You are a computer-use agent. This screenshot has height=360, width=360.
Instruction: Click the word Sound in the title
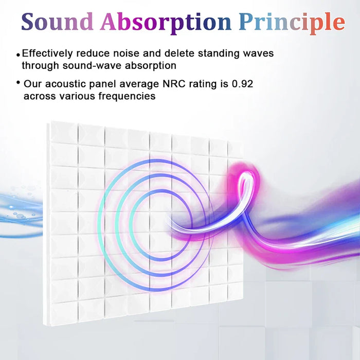coord(58,22)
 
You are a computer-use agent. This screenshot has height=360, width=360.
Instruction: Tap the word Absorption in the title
coord(166,22)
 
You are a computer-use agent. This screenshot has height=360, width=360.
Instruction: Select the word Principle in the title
coord(292,22)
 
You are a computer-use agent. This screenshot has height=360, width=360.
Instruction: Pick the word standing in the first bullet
coord(223,53)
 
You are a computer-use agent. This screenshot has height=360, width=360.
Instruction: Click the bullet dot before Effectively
coord(19,54)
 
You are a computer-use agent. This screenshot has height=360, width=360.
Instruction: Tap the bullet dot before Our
coord(19,83)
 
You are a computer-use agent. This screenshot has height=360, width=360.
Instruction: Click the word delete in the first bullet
coord(184,53)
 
